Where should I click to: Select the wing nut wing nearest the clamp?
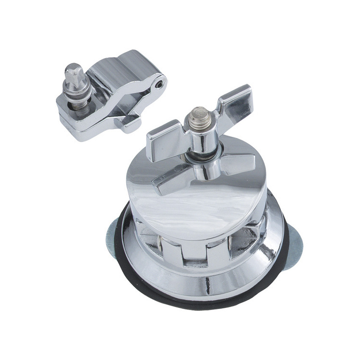[x=163, y=140]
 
